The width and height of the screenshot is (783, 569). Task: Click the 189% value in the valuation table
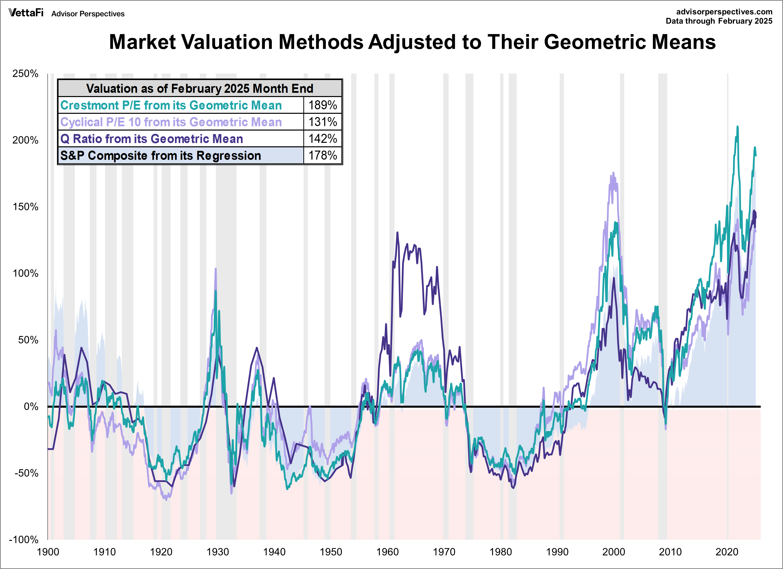click(322, 105)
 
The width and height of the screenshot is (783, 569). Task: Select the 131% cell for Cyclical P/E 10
click(322, 122)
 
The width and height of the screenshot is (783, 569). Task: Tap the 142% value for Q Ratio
click(322, 139)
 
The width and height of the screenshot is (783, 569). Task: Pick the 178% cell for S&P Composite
click(322, 155)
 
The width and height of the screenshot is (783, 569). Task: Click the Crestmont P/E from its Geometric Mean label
click(171, 105)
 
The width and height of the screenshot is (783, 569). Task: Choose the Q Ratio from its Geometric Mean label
click(152, 139)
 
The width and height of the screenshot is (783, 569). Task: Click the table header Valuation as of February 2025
click(200, 88)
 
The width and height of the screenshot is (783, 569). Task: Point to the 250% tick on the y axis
click(25, 74)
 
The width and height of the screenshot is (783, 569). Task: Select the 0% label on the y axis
click(31, 406)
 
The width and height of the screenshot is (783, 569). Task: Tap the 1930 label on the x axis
click(218, 552)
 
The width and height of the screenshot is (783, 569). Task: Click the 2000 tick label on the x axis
click(613, 552)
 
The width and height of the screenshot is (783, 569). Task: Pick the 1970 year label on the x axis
click(444, 552)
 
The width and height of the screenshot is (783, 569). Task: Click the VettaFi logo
click(26, 13)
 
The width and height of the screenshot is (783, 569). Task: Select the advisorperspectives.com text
click(724, 12)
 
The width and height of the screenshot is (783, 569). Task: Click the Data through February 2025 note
click(719, 21)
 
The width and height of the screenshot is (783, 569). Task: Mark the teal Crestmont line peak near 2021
click(737, 127)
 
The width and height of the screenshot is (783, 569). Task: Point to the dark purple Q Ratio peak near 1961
click(397, 232)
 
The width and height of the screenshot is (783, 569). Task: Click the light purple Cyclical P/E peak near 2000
click(613, 173)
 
